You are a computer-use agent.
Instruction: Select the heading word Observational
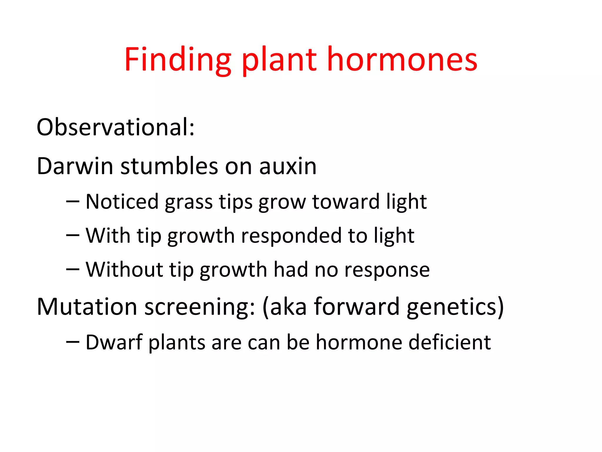[115, 127]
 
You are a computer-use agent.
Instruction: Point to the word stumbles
[169, 166]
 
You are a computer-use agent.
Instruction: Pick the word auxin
[288, 167]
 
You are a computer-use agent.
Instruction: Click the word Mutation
[87, 307]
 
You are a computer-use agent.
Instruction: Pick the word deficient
[449, 342]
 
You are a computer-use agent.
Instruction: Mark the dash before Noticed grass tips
[73, 202]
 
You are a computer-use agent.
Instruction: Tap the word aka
[288, 307]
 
